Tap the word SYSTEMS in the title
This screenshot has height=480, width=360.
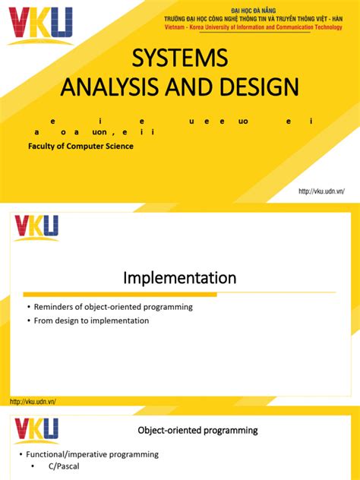click(x=180, y=58)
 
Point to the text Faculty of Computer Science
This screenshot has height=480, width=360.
click(x=81, y=146)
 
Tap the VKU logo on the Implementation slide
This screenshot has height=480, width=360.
click(x=35, y=228)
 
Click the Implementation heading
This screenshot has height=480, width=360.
click(x=180, y=278)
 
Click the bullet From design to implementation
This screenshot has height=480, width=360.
click(x=92, y=321)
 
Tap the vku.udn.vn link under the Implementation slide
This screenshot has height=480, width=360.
click(x=33, y=401)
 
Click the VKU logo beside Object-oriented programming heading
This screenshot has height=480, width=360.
click(x=35, y=429)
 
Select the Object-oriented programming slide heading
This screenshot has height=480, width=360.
click(x=197, y=430)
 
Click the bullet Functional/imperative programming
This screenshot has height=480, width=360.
click(x=92, y=454)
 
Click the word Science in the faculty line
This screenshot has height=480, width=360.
click(x=117, y=146)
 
